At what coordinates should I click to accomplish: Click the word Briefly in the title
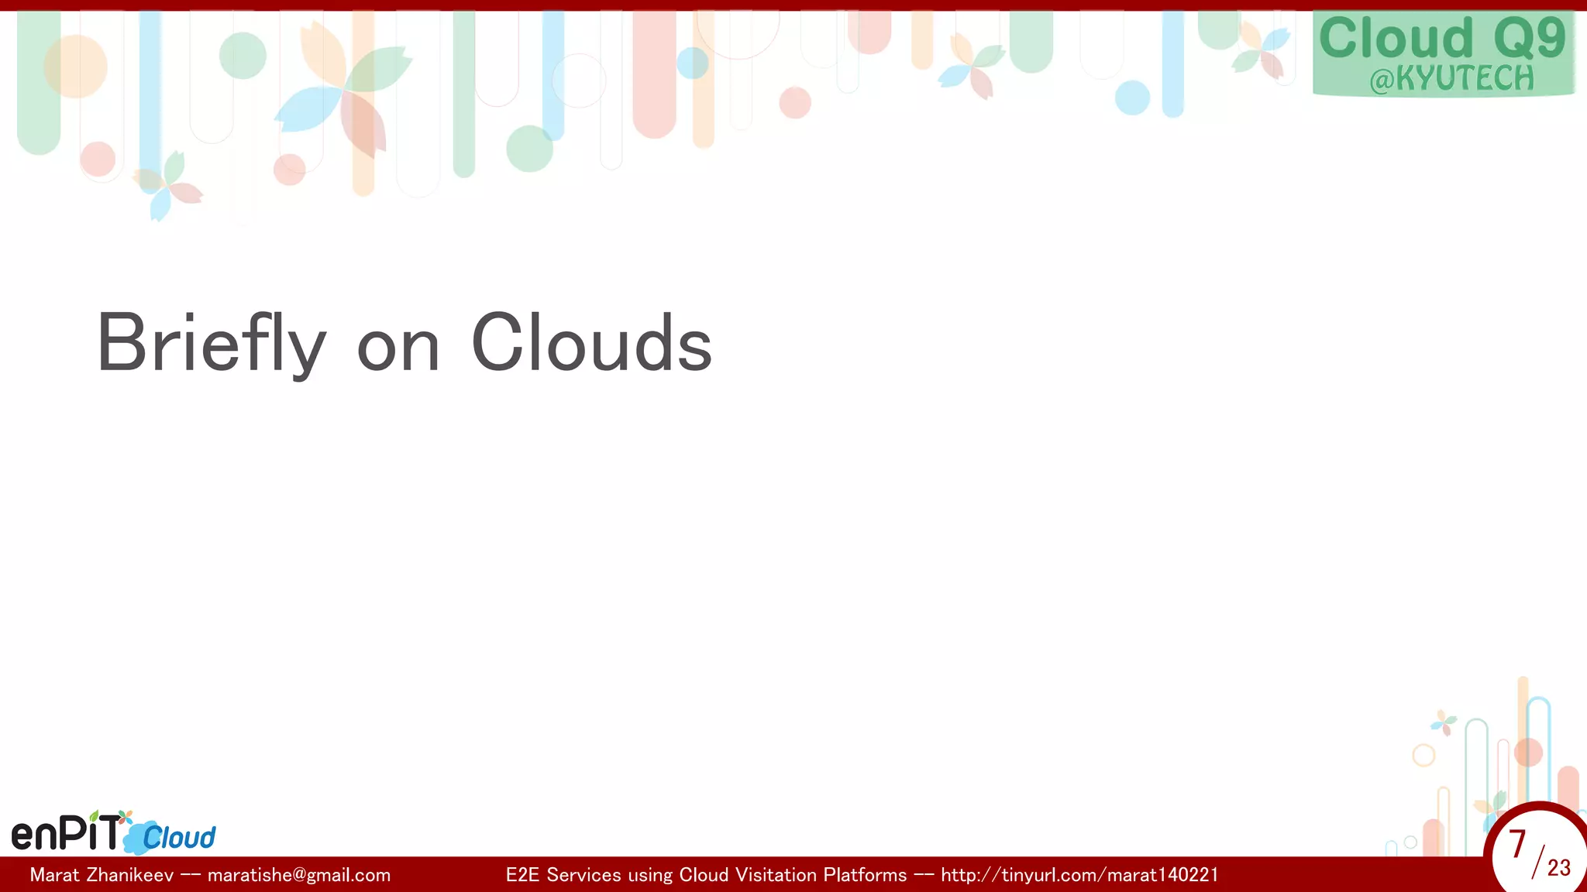211,344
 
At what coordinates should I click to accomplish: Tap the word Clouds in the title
591,344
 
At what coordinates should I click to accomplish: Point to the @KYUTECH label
1451,79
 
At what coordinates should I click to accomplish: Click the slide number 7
1517,844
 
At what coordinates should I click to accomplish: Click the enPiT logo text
67,833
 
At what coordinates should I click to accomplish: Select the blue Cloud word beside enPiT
179,838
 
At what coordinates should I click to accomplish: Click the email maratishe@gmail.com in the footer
299,875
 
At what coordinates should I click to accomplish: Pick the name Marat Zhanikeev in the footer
102,875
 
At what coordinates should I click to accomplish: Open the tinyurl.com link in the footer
1079,875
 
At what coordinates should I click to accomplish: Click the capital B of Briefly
121,344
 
